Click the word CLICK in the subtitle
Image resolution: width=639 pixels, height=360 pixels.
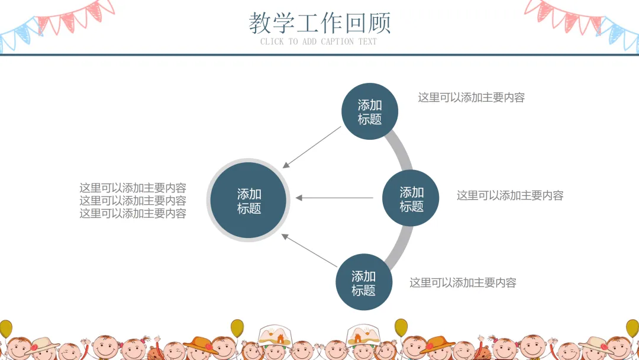click(x=272, y=41)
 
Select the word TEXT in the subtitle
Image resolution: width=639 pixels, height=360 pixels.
click(x=367, y=41)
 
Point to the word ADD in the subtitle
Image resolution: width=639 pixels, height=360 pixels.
click(x=309, y=41)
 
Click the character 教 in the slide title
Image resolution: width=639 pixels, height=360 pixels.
click(x=260, y=23)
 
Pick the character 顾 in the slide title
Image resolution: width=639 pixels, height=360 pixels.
click(x=380, y=23)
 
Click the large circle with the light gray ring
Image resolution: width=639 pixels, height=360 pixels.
click(x=248, y=201)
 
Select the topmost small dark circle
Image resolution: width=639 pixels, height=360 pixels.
click(x=370, y=111)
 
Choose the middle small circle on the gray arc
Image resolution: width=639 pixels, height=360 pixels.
click(x=411, y=198)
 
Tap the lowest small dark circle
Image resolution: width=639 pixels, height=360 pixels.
click(x=364, y=282)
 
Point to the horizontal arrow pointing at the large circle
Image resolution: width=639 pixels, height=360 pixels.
click(x=334, y=198)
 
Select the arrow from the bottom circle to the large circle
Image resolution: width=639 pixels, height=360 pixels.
click(x=309, y=250)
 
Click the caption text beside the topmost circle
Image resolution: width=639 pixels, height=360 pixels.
click(x=471, y=98)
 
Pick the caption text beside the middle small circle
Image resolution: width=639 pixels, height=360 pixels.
click(x=509, y=195)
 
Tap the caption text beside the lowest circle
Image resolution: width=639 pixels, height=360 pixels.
click(x=463, y=283)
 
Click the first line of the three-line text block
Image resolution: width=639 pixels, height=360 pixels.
click(x=133, y=188)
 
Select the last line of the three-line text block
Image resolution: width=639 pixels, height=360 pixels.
click(x=133, y=214)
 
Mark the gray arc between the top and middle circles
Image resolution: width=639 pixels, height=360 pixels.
click(x=403, y=150)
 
